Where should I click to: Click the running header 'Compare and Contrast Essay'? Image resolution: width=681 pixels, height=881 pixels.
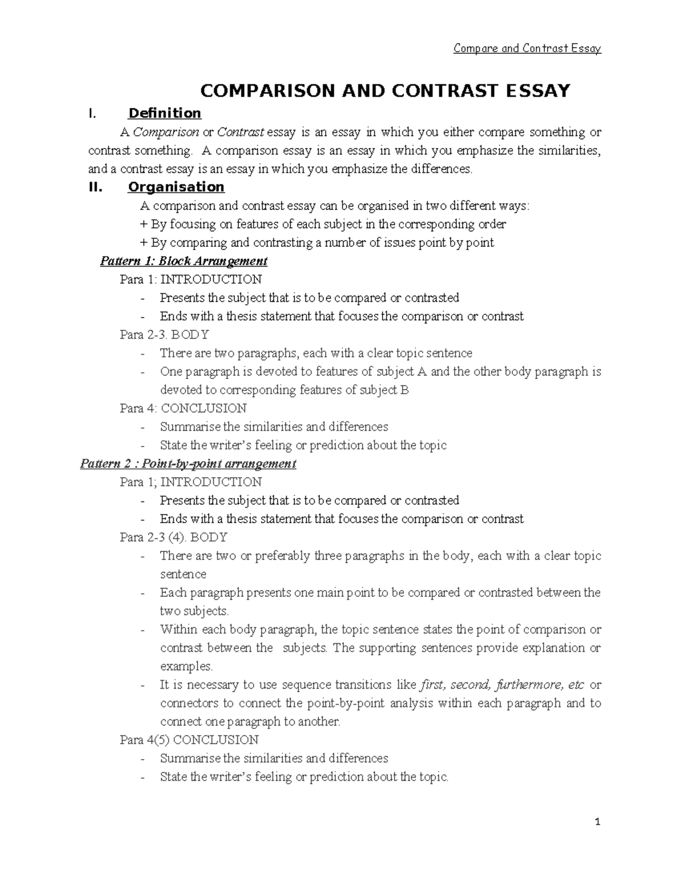pyautogui.click(x=527, y=48)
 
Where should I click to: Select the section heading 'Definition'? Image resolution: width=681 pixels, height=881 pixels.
pyautogui.click(x=165, y=113)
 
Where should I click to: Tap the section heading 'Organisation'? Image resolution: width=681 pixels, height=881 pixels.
pyautogui.click(x=176, y=187)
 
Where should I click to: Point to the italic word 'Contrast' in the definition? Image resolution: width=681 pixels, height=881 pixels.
pyautogui.click(x=241, y=132)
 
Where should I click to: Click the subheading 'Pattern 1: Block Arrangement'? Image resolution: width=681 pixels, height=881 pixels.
pyautogui.click(x=183, y=261)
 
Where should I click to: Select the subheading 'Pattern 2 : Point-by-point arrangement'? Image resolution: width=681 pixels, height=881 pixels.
pyautogui.click(x=188, y=463)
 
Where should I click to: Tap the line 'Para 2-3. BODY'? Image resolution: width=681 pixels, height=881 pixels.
pyautogui.click(x=165, y=335)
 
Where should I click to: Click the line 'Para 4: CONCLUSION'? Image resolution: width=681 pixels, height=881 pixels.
pyautogui.click(x=183, y=408)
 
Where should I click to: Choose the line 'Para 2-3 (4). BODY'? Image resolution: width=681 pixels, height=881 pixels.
pyautogui.click(x=174, y=537)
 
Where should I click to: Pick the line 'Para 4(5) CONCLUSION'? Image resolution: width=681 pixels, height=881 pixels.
pyautogui.click(x=189, y=740)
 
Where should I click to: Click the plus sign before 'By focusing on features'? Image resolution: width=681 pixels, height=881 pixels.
pyautogui.click(x=143, y=224)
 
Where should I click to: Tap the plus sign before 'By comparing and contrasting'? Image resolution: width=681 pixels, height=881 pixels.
pyautogui.click(x=143, y=243)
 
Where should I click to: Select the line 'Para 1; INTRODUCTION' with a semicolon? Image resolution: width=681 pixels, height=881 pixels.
pyautogui.click(x=191, y=482)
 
